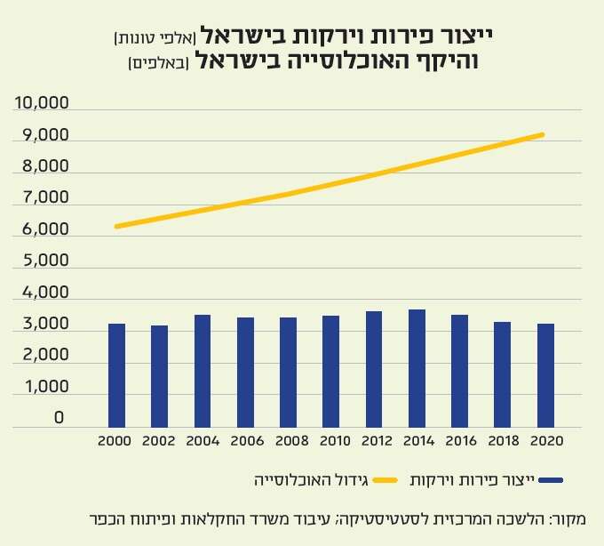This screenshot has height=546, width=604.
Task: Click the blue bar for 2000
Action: [116, 375]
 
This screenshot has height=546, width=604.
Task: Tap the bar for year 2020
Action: [545, 375]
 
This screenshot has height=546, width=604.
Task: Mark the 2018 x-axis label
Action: [502, 440]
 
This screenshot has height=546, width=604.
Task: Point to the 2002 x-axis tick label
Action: [159, 440]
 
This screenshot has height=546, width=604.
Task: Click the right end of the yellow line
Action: [543, 135]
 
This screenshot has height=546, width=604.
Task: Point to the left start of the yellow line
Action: [117, 227]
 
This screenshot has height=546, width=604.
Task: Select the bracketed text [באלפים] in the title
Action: [154, 62]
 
